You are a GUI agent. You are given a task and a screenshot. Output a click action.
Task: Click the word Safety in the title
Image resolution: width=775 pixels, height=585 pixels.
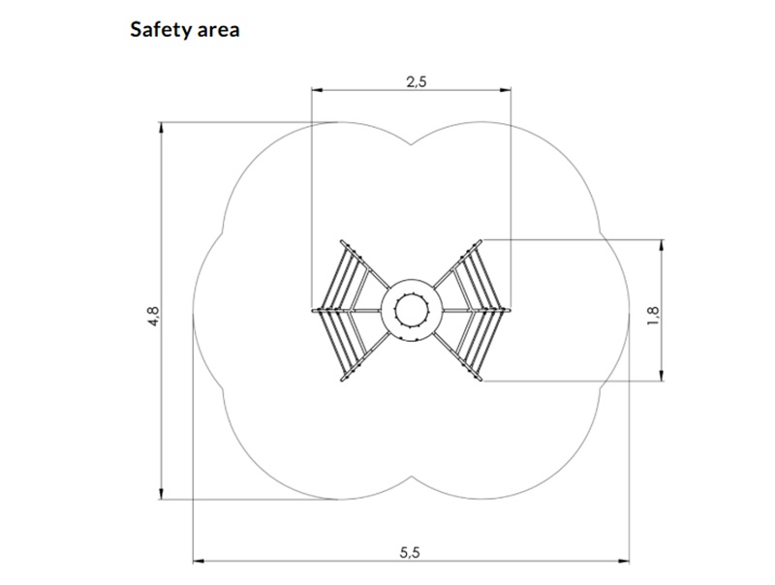(x=161, y=31)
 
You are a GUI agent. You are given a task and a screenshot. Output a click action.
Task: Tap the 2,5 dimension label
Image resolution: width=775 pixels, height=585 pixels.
(x=417, y=81)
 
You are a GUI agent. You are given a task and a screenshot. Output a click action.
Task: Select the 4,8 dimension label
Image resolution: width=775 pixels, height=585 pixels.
(x=153, y=316)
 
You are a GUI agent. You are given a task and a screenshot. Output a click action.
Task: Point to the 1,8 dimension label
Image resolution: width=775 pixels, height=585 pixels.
(x=653, y=316)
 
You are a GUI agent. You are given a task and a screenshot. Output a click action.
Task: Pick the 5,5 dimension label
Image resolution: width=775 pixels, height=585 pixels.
(x=410, y=552)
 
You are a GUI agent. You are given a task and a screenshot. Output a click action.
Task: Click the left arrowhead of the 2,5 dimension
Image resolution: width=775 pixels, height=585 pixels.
(x=317, y=90)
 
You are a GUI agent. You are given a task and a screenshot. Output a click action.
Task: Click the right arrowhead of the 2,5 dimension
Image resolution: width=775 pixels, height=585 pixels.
(x=506, y=90)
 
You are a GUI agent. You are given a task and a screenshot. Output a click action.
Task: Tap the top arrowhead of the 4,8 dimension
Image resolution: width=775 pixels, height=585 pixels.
(x=161, y=128)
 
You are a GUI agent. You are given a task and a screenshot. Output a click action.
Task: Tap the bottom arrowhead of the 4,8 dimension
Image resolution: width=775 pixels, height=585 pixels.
(x=161, y=494)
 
